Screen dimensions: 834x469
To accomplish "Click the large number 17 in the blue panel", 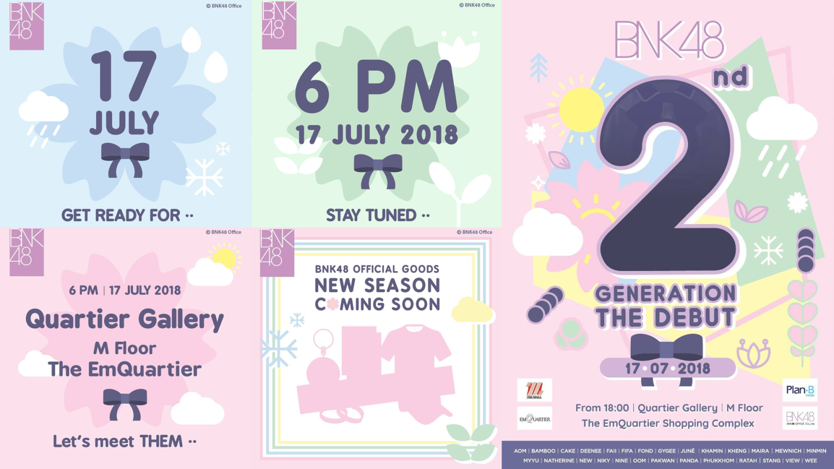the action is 124,76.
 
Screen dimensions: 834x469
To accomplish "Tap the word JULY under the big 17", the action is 125,122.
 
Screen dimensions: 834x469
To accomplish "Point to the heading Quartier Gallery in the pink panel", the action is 125,320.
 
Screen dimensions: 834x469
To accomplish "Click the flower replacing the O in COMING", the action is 332,304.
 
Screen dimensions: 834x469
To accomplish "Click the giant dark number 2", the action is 667,175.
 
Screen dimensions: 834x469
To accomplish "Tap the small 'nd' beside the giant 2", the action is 730,76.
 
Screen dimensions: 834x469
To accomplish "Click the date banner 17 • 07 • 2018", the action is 668,368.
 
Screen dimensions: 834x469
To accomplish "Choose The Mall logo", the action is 534,390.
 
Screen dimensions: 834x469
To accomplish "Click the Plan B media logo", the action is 800,390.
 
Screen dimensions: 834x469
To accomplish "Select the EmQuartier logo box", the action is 534,418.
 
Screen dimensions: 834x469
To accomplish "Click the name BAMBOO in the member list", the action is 543,451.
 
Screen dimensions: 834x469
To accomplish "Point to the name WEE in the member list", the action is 811,461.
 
